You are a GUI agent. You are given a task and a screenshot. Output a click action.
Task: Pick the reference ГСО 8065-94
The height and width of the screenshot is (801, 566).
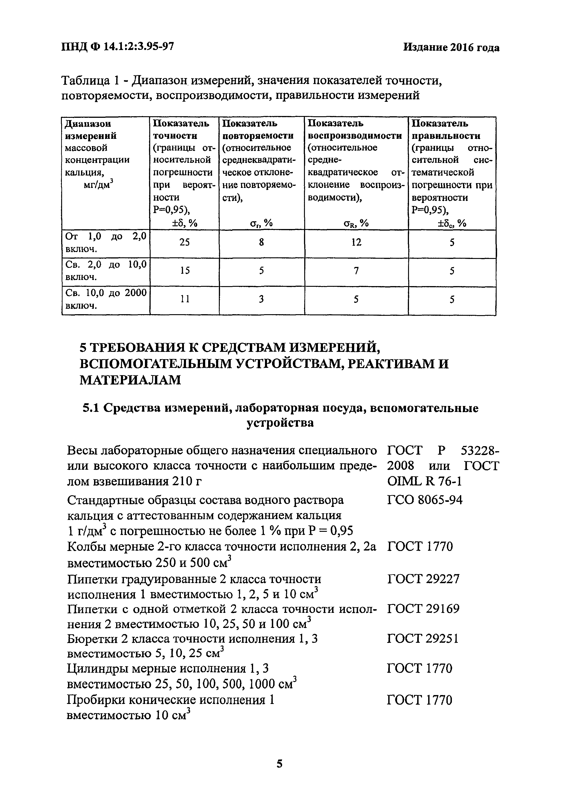(424, 500)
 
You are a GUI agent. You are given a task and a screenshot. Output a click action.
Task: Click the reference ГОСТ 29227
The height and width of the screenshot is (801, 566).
(423, 579)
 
